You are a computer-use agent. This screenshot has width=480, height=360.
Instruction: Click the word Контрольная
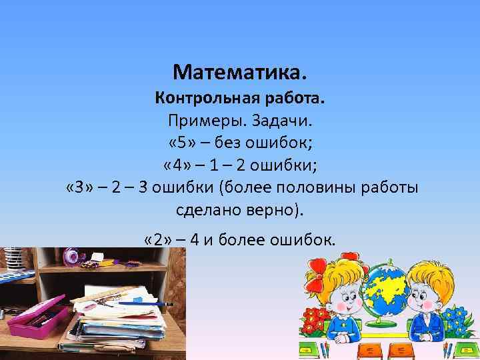[207, 99]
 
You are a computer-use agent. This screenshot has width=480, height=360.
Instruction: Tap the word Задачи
[279, 122]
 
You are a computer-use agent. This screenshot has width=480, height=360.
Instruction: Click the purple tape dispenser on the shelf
[72, 257]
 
